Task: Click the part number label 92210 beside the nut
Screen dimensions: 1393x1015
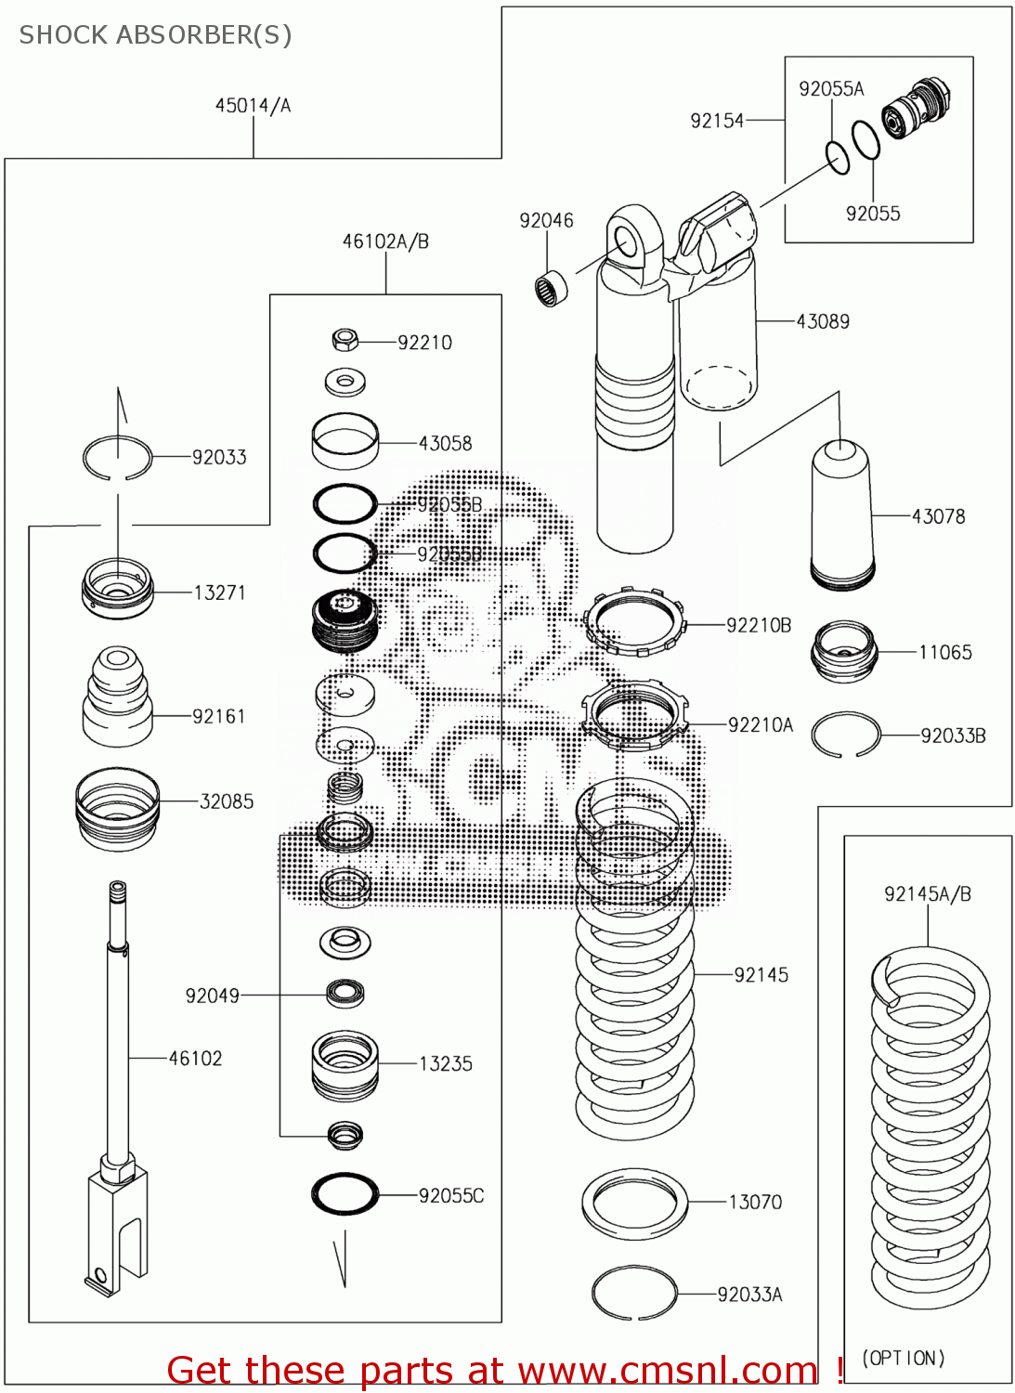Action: (x=424, y=343)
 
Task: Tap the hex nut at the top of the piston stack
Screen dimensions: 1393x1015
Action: (x=345, y=340)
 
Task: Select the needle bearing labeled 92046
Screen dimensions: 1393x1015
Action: (x=553, y=287)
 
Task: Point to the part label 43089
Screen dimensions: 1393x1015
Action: (x=823, y=321)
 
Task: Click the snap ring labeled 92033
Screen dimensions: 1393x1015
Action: (x=117, y=458)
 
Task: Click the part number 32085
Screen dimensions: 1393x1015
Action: (x=227, y=801)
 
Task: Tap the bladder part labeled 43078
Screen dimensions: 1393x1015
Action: (x=841, y=516)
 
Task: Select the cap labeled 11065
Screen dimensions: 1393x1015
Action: (x=843, y=652)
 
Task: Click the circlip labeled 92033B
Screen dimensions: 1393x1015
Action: (x=844, y=735)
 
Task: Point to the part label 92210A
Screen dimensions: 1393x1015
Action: (x=761, y=725)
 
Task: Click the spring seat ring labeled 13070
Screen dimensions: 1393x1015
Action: (x=634, y=1204)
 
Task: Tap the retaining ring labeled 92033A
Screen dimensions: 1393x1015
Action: (x=633, y=1293)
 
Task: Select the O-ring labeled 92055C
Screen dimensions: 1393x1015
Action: (x=345, y=1194)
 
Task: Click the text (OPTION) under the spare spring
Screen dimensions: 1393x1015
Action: (x=904, y=1358)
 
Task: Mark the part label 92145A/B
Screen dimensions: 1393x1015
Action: (x=927, y=894)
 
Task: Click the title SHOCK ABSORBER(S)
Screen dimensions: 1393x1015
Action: (x=155, y=35)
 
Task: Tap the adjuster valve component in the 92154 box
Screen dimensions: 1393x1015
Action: (x=916, y=107)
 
